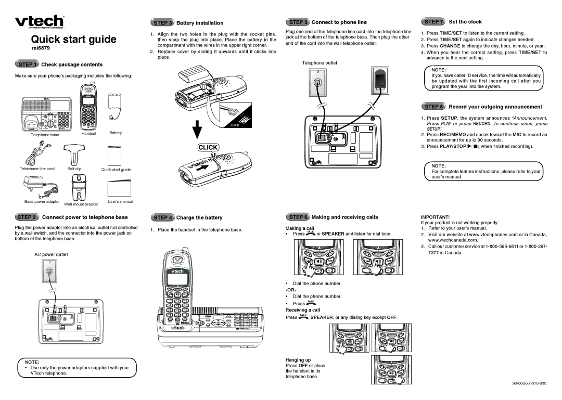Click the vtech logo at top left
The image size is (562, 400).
[x=40, y=22]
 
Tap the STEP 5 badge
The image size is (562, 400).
[x=298, y=22]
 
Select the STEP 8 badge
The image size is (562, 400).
[x=434, y=107]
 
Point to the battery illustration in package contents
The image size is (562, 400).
[x=114, y=107]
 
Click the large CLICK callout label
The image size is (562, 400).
[x=208, y=147]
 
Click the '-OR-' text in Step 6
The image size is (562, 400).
[x=292, y=290]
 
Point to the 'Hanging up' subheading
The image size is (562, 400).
[x=298, y=360]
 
